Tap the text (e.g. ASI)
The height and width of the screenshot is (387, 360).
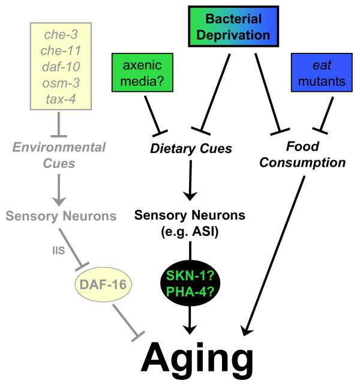(190, 230)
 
